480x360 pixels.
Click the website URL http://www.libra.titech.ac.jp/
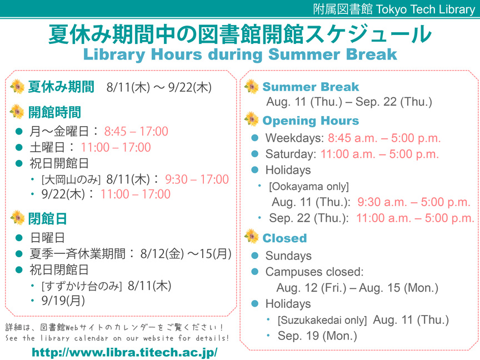pyautogui.click(x=124, y=352)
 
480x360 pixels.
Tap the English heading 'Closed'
pyautogui.click(x=284, y=238)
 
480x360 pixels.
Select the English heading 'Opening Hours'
pyautogui.click(x=311, y=121)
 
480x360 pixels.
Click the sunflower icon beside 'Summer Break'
pyautogui.click(x=252, y=86)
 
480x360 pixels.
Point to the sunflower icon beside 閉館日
pyautogui.click(x=17, y=218)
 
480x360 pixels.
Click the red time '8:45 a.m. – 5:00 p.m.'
pyautogui.click(x=384, y=138)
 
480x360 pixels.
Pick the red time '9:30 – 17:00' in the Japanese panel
pyautogui.click(x=197, y=179)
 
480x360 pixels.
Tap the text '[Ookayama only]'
pyautogui.click(x=309, y=187)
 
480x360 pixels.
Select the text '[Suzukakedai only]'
pyautogui.click(x=322, y=320)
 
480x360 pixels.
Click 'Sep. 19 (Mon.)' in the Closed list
pyautogui.click(x=317, y=336)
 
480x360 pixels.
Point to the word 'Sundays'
pyautogui.click(x=288, y=256)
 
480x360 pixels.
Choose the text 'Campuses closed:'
pyautogui.click(x=314, y=272)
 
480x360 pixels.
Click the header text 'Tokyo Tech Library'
pyautogui.click(x=425, y=9)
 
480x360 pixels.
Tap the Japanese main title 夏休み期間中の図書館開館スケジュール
pyautogui.click(x=240, y=34)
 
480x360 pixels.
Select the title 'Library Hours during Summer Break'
pyautogui.click(x=240, y=54)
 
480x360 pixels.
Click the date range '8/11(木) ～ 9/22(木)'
pyautogui.click(x=159, y=87)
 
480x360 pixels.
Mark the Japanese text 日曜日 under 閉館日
pyautogui.click(x=47, y=238)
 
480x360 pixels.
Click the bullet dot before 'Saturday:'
pyautogui.click(x=254, y=154)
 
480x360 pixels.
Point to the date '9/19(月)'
pyautogui.click(x=63, y=301)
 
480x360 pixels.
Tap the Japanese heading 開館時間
pyautogui.click(x=54, y=112)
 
